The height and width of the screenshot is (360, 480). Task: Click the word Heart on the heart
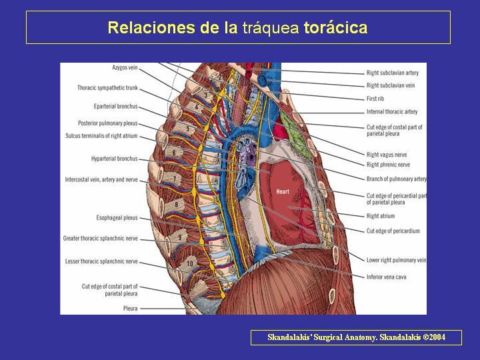pos(283,191)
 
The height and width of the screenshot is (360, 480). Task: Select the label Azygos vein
pos(125,67)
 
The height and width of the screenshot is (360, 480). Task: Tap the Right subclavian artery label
pos(393,73)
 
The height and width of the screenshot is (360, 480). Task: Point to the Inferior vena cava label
pos(386,277)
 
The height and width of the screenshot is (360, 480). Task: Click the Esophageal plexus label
pos(117,217)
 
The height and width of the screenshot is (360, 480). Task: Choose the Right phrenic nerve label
pos(388,165)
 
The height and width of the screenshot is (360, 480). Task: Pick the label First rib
pos(375,99)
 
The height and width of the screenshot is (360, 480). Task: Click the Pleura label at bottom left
pos(131,309)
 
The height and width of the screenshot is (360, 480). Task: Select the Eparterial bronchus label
pos(116,107)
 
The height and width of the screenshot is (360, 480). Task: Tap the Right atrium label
pos(381,216)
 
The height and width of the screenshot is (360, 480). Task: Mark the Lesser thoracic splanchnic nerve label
pos(101,261)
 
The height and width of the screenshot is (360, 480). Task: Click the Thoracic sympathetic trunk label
pos(107,88)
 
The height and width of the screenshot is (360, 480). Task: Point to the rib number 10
pos(190,263)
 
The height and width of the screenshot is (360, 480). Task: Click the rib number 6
pos(174,153)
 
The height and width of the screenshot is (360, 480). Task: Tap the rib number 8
pos(176,205)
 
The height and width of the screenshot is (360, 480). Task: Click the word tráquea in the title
pos(271,27)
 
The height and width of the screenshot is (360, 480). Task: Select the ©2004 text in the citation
pos(434,337)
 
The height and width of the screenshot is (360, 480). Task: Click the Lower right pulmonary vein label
pos(396,260)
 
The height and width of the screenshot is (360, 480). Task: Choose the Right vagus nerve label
pos(387,155)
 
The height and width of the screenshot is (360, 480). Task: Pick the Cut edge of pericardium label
pos(393,231)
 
